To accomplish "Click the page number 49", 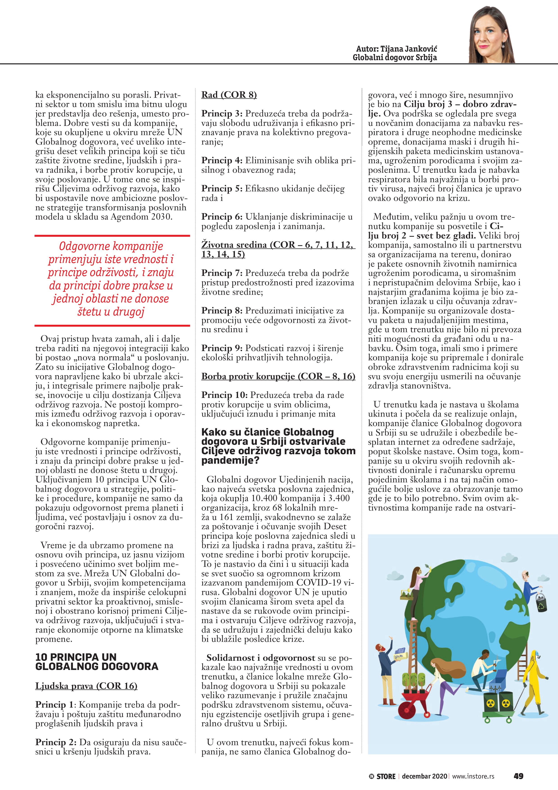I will click(x=518, y=776).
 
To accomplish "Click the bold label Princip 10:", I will click(x=225, y=395).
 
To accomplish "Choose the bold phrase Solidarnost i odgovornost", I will click(x=261, y=658).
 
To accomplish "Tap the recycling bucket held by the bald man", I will click(x=541, y=602).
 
